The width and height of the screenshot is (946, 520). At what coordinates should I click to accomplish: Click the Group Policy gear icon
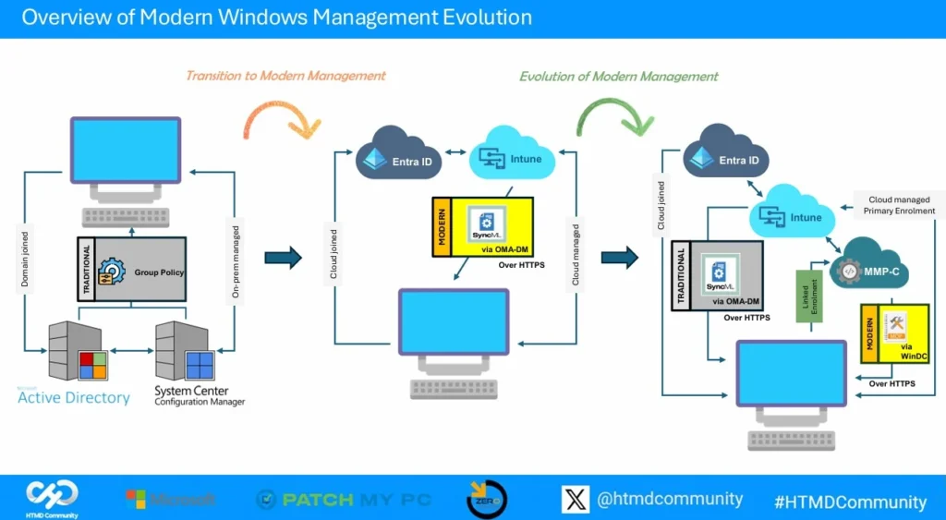(112, 272)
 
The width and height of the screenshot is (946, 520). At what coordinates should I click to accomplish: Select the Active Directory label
(74, 397)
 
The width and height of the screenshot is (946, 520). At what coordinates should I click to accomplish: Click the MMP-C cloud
(867, 269)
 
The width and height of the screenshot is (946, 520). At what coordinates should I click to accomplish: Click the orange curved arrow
(278, 119)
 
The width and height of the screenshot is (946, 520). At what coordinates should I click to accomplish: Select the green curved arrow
(611, 117)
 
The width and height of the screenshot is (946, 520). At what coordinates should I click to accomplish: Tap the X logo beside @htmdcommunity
(575, 499)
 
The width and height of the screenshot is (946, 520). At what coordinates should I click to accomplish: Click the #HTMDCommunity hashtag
(849, 502)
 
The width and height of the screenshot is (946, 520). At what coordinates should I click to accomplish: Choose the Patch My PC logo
(344, 500)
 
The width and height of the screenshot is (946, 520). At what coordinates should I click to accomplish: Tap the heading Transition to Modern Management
(285, 76)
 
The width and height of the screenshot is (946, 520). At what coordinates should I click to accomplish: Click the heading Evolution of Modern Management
(618, 76)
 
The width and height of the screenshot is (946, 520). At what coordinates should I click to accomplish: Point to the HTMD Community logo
(52, 498)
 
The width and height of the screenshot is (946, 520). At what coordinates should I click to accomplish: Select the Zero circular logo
(486, 498)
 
